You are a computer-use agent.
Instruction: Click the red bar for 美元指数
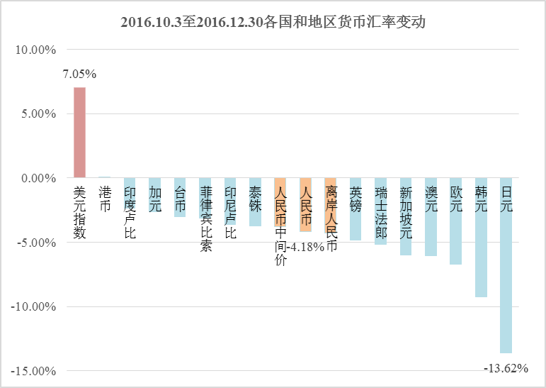tap(79, 133)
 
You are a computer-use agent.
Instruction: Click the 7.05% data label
tap(79, 74)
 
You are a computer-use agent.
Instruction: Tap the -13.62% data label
tap(506, 367)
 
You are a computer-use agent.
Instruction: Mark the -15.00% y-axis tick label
tap(33, 371)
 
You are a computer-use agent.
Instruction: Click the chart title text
tap(273, 22)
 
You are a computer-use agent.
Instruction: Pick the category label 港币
tap(105, 199)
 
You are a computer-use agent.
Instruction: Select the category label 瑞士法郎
tap(381, 212)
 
